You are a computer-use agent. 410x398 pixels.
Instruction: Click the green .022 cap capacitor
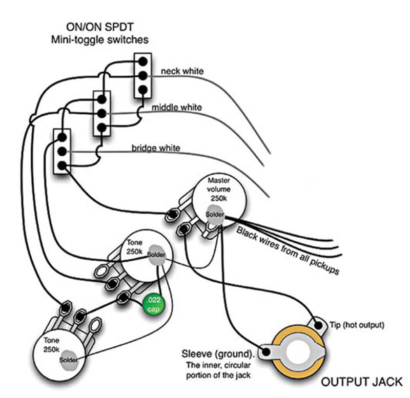(x=153, y=304)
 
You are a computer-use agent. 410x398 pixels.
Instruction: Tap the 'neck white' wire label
(x=182, y=71)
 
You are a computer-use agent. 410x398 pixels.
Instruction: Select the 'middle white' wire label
(x=176, y=108)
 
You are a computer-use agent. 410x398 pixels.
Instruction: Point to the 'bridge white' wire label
(x=156, y=148)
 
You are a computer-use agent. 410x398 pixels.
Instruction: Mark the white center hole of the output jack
(x=300, y=357)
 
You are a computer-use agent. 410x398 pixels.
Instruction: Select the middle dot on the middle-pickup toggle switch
(x=101, y=113)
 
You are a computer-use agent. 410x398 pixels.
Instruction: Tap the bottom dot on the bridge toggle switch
(x=62, y=165)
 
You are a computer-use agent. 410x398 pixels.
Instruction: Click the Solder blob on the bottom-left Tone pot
(x=68, y=359)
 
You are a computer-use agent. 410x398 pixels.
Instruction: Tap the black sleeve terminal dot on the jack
(x=266, y=352)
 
